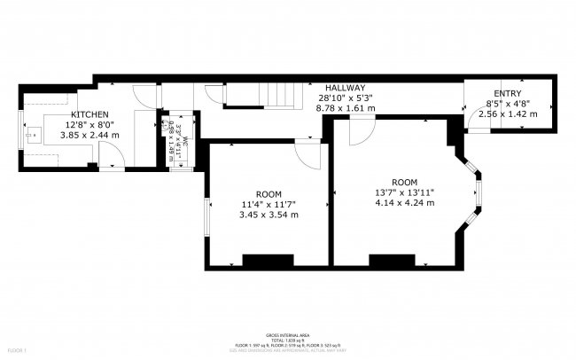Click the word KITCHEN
pos(90,114)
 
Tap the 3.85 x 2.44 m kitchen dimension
pos(90,136)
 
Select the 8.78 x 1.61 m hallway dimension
pos(345,108)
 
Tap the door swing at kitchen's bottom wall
pos(109,156)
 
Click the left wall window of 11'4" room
pos(207,216)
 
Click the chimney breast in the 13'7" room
pos(393,260)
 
